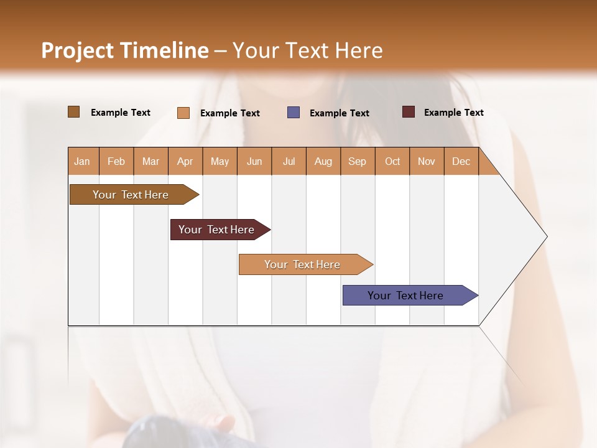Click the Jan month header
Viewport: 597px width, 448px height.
[83, 161]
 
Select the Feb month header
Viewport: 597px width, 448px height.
[116, 161]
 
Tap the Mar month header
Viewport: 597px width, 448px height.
[150, 161]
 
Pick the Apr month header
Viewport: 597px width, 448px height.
[185, 161]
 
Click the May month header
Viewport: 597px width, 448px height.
[220, 161]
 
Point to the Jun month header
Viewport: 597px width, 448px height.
[254, 161]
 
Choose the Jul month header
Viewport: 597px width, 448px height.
[289, 161]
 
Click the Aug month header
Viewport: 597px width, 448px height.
[323, 161]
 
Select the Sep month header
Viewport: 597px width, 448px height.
[358, 161]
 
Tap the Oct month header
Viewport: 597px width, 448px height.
[392, 161]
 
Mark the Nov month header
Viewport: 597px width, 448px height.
[427, 161]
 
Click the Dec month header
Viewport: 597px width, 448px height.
[461, 161]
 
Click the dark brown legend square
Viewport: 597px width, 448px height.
[74, 112]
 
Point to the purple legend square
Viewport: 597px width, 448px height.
[294, 113]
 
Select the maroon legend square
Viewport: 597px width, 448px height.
[409, 112]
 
